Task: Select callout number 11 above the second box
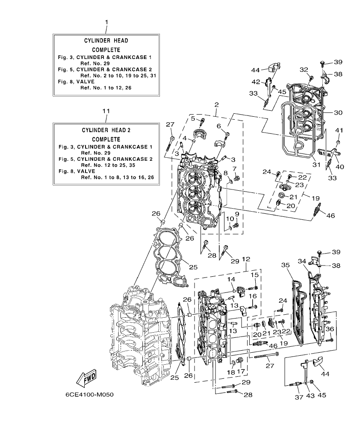coord(106,111)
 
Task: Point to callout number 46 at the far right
coord(330,216)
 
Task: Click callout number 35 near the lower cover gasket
coord(286,265)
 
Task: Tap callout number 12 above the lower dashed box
coord(245,260)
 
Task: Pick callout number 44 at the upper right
coord(256,70)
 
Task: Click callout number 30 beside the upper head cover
coord(338,113)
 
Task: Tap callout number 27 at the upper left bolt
coord(170,124)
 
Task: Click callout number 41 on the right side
coord(339,130)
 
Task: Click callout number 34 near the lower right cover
coord(302,261)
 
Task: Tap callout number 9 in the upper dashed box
coord(236,214)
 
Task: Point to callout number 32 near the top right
coord(304,69)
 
